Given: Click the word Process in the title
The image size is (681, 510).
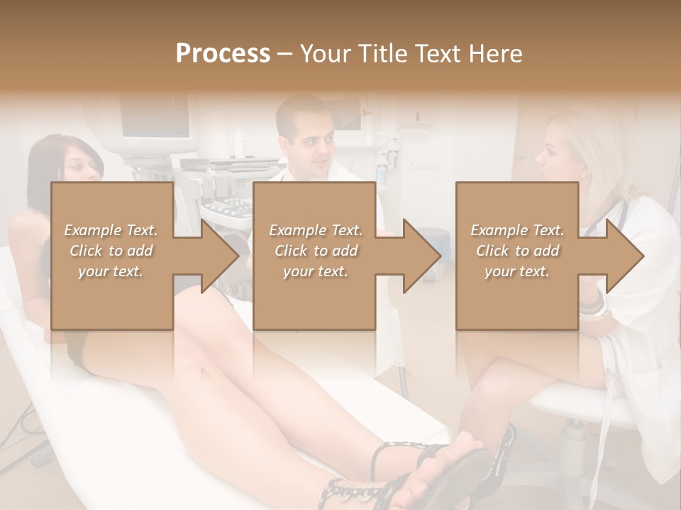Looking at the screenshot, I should (x=223, y=53).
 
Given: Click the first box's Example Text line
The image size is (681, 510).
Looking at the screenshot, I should (x=111, y=229).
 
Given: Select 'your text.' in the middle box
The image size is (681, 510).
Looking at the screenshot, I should (x=315, y=271).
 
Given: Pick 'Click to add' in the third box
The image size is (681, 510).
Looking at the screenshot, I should (x=517, y=251).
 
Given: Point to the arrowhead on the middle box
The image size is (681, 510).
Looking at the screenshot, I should (x=420, y=255).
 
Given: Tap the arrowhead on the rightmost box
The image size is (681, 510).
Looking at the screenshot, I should (x=623, y=255).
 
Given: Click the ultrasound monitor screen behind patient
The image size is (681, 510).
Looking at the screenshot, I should (x=156, y=116).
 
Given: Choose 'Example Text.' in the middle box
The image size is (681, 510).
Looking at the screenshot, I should (x=315, y=229).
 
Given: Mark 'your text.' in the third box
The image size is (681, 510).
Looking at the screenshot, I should (x=517, y=271).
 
